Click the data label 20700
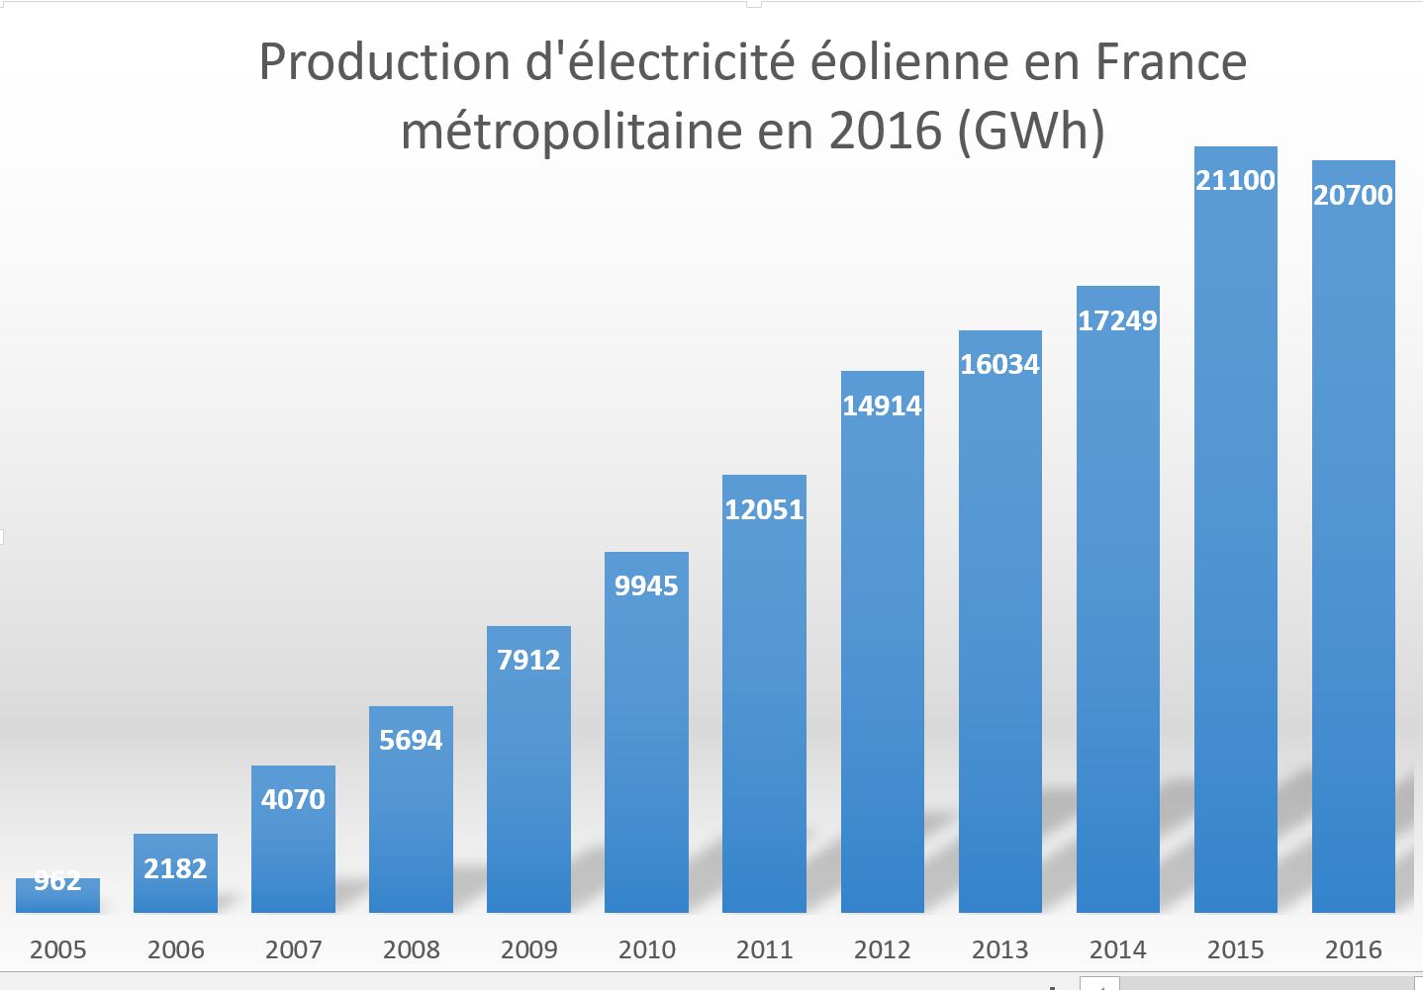coord(1353,195)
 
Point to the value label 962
coord(57,880)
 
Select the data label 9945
coord(646,586)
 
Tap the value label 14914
coord(882,405)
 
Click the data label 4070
coord(293,799)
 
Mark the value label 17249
coord(1117,320)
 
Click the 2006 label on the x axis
coord(175,950)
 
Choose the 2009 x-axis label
coord(528,950)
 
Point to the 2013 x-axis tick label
coord(999,950)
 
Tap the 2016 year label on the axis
coord(1353,950)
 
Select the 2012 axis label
coord(882,950)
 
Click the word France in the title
coord(1171,62)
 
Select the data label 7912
coord(528,660)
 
